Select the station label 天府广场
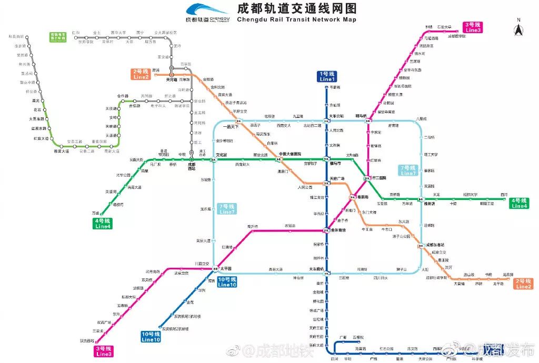click(x=337, y=179)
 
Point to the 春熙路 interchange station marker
click(x=352, y=197)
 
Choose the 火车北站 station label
click(x=336, y=116)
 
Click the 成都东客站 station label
click(x=435, y=245)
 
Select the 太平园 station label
click(x=226, y=269)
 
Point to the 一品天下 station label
click(x=231, y=127)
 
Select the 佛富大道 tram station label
click(x=62, y=151)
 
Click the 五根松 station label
click(x=358, y=337)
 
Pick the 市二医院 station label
click(x=379, y=178)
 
